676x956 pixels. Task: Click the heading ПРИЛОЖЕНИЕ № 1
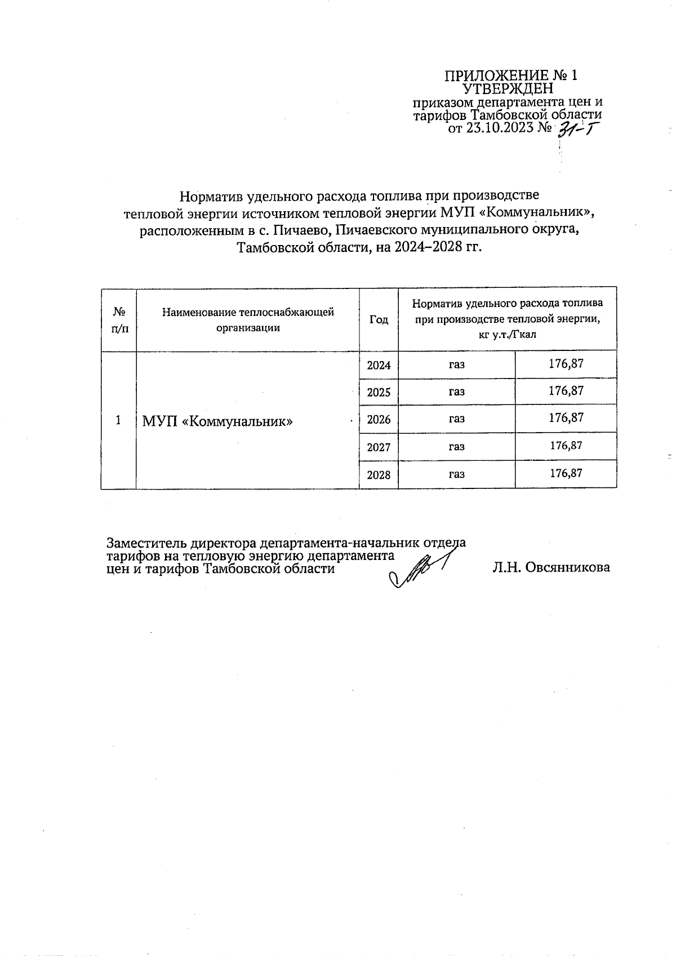[511, 75]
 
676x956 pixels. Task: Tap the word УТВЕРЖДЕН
[508, 88]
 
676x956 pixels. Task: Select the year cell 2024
[379, 365]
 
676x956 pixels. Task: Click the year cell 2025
[379, 392]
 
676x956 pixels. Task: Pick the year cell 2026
[379, 420]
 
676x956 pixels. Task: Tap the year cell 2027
[379, 447]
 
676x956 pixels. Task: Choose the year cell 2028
[379, 475]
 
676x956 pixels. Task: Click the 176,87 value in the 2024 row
[566, 364]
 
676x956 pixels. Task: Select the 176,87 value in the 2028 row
[566, 473]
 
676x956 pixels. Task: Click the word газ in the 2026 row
[456, 419]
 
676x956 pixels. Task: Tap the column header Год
[379, 319]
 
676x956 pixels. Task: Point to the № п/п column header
[119, 319]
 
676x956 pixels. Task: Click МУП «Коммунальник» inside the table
[217, 421]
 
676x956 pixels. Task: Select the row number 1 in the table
[118, 420]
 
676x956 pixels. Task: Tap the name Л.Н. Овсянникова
[550, 568]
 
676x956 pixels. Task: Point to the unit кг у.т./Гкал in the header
[507, 334]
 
